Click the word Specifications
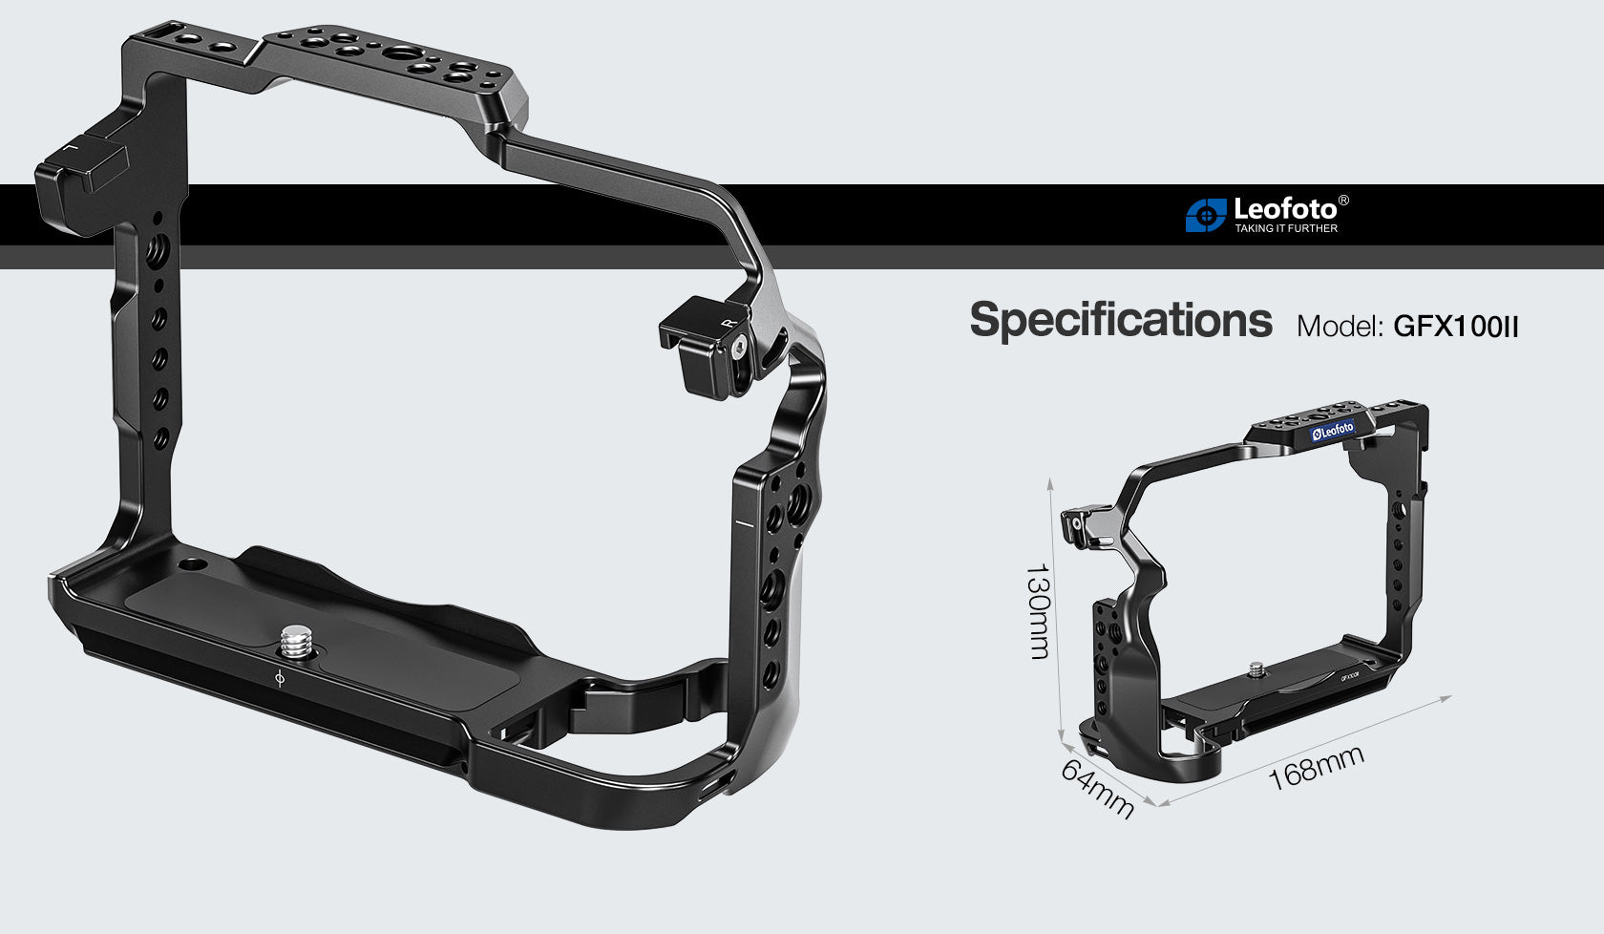click(x=1120, y=321)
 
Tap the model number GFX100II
click(x=1455, y=327)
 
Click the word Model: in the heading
click(x=1340, y=327)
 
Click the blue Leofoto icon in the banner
click(x=1205, y=216)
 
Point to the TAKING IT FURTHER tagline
click(x=1285, y=228)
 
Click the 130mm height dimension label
click(x=1038, y=611)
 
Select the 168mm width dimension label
click(x=1315, y=768)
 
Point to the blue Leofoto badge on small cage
click(x=1332, y=431)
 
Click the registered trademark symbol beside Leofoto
click(x=1343, y=201)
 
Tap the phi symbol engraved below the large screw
click(x=279, y=679)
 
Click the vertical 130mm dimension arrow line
click(x=1055, y=611)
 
